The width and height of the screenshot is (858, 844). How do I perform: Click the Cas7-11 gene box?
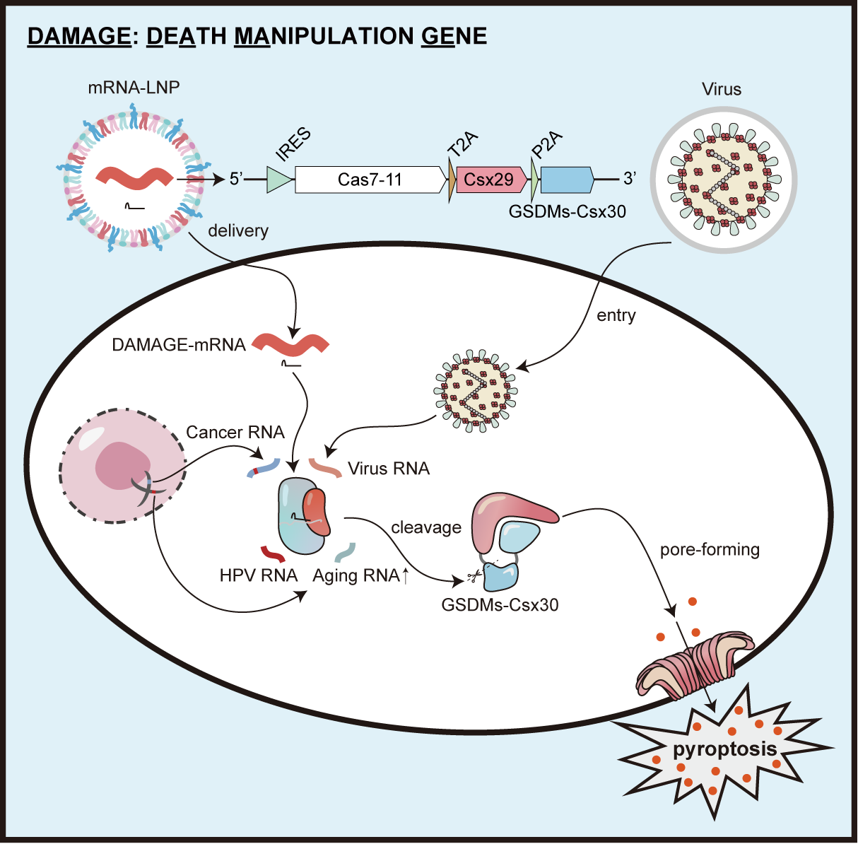coord(370,180)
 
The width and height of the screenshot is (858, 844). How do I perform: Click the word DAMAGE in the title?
coord(78,36)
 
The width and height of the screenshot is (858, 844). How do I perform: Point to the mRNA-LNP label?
coord(134,88)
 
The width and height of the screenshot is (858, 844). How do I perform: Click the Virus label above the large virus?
coord(722,89)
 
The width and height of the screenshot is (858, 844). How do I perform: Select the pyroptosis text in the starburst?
coord(724,749)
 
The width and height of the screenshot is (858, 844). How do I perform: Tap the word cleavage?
coord(426,527)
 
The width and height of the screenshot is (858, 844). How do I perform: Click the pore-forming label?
coord(710,549)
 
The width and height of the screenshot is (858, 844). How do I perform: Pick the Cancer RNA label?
coord(235,432)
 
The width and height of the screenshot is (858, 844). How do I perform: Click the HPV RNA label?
coord(258,575)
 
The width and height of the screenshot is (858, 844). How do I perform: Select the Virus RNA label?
coord(389,468)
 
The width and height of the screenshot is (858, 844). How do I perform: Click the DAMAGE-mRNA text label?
coord(179,345)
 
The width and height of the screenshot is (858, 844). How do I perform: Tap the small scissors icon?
coord(469,578)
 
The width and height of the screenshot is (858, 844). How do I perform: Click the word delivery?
coord(238,230)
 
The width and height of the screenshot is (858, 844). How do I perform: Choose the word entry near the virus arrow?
coord(616,315)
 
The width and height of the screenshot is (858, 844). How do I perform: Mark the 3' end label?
coord(630,179)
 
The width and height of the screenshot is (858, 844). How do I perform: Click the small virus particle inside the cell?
coord(474,390)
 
